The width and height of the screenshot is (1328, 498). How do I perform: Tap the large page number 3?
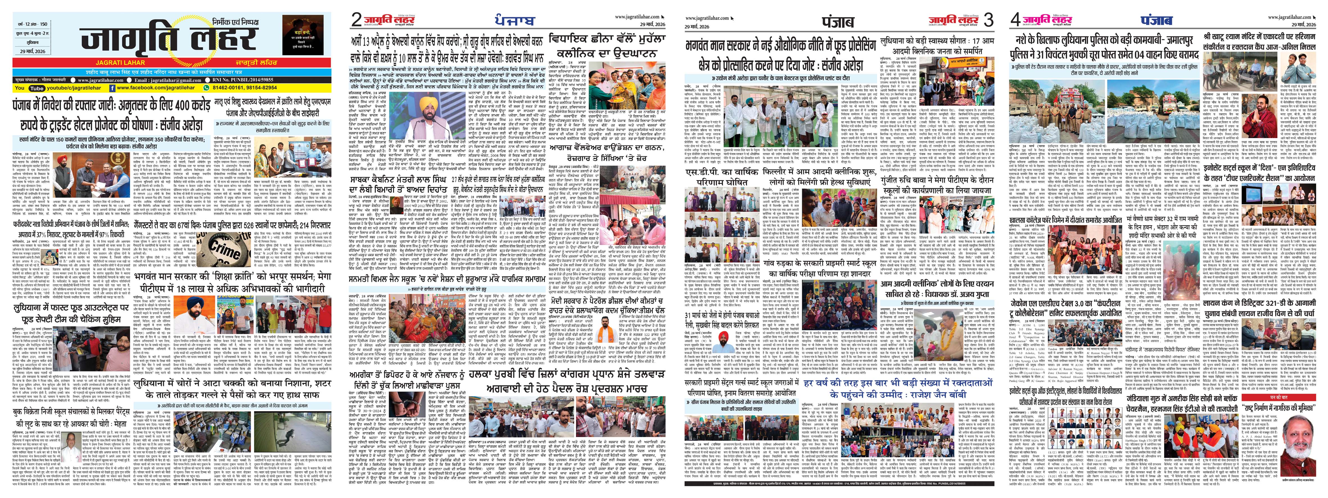988,20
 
